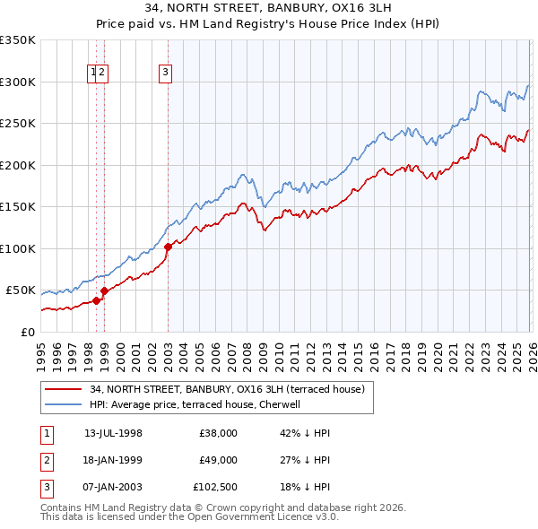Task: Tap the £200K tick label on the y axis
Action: pyautogui.click(x=18, y=165)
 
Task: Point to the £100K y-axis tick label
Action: pyautogui.click(x=18, y=248)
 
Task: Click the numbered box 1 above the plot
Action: pyautogui.click(x=93, y=74)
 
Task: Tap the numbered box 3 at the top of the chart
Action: pyautogui.click(x=167, y=74)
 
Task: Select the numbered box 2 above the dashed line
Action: pyautogui.click(x=102, y=74)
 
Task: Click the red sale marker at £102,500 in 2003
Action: pyautogui.click(x=168, y=247)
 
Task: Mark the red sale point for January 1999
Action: pyautogui.click(x=104, y=291)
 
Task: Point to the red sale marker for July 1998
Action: pyautogui.click(x=96, y=300)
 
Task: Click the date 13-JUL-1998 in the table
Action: pyautogui.click(x=113, y=433)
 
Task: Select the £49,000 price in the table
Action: pyautogui.click(x=218, y=459)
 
